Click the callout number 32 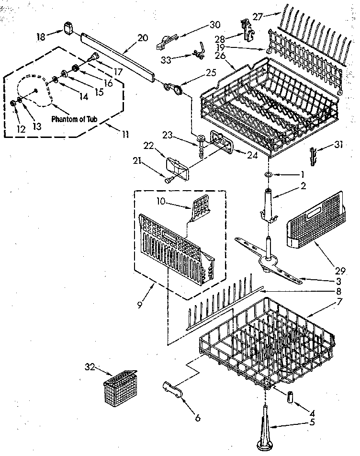tap(89, 367)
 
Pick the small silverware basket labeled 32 tap(120, 387)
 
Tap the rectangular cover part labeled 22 tap(177, 168)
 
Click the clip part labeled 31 tap(314, 156)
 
